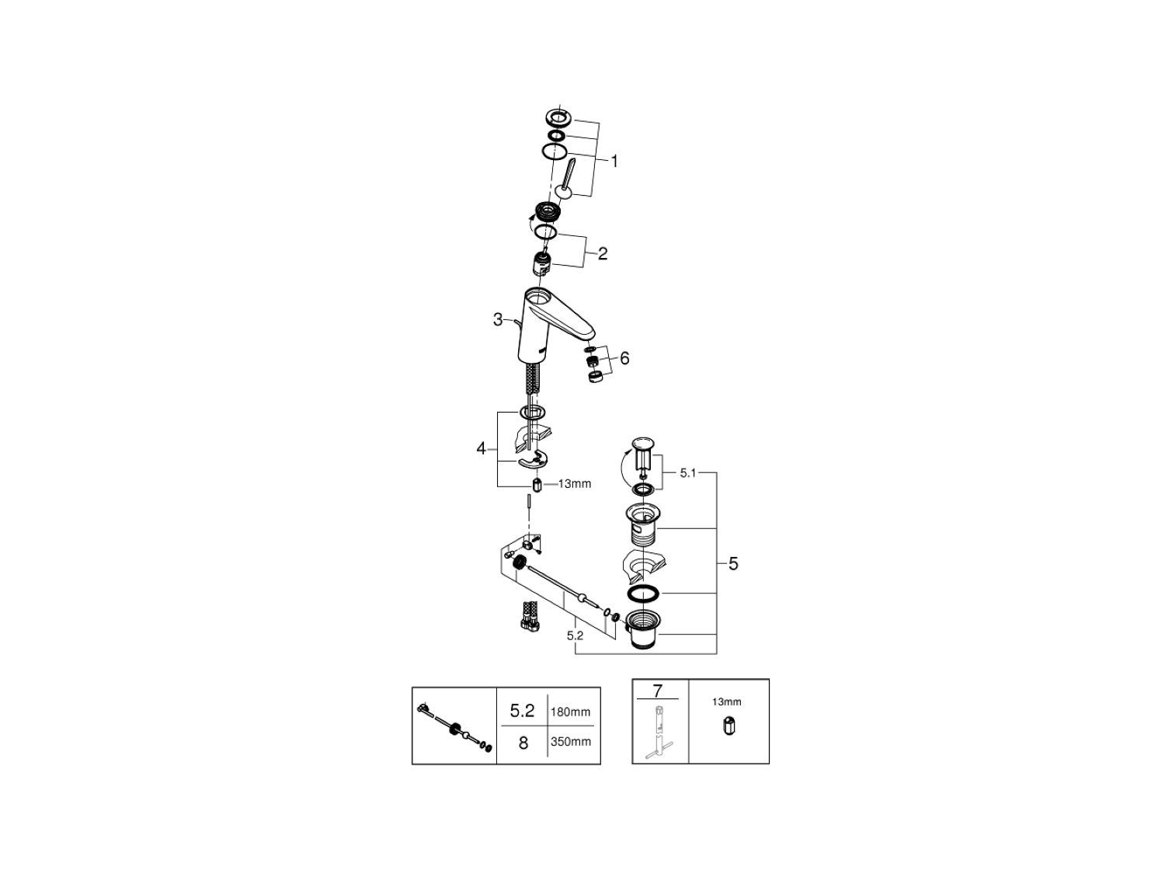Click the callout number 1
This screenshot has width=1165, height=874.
pos(614,162)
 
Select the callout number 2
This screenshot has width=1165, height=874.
pos(603,253)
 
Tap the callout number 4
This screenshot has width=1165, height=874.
pos(482,448)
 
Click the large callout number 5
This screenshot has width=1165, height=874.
pos(733,564)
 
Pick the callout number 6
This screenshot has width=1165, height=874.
pos(624,358)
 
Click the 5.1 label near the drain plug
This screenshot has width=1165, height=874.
pos(688,472)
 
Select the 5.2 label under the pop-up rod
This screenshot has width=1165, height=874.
pos(576,635)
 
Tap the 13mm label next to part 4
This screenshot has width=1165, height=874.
pos(575,484)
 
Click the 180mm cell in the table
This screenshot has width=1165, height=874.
pos(571,711)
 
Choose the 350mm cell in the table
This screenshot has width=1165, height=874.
pos(571,741)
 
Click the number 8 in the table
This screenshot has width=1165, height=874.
pos(523,743)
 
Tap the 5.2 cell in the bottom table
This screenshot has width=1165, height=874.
pos(522,711)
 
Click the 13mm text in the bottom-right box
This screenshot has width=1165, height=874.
pos(727,702)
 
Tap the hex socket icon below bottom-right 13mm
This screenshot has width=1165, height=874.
pos(728,727)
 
